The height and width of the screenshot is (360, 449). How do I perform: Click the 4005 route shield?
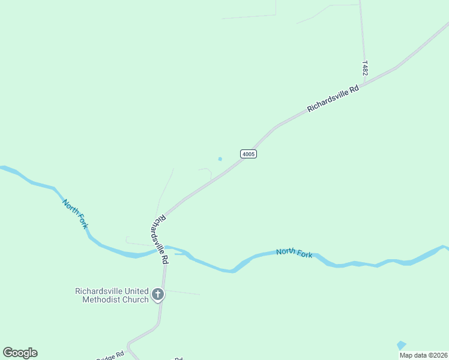tap(249, 154)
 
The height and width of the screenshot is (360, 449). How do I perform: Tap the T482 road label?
tap(365, 67)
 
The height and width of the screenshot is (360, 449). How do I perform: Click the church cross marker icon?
tap(158, 294)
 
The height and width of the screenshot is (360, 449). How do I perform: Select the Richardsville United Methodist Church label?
tap(112, 295)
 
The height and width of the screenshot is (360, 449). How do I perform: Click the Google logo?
tap(20, 353)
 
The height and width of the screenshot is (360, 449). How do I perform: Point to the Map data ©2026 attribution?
tap(423, 355)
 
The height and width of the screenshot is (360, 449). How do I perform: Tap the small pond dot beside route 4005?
tap(220, 159)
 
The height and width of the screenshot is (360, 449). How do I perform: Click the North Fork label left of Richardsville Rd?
tap(76, 213)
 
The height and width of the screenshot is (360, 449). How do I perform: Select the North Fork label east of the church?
tap(294, 253)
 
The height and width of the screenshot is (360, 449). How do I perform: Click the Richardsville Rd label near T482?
tap(333, 98)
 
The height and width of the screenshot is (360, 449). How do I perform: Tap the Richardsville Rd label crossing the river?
tap(160, 240)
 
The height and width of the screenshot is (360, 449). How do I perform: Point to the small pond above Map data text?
tap(401, 345)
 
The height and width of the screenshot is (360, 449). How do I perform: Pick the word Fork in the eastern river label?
tap(304, 254)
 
